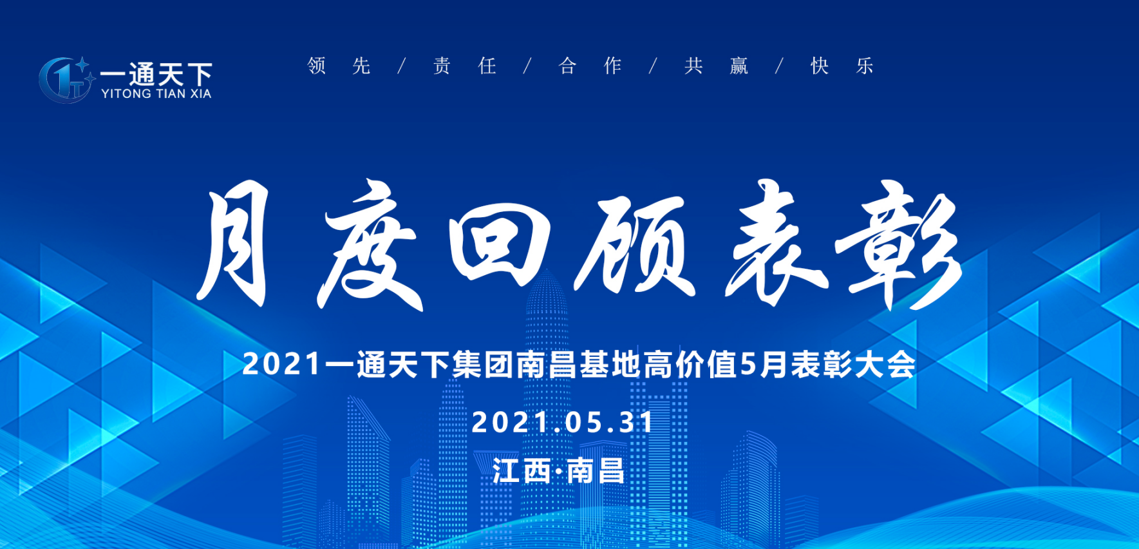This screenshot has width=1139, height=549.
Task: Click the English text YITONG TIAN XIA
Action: pos(156,94)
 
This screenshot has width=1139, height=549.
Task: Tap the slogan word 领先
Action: pos(339,66)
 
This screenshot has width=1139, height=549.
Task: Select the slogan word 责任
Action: pos(464,66)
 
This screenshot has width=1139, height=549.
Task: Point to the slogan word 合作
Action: pos(590,66)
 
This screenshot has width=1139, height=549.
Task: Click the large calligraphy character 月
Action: pos(234,243)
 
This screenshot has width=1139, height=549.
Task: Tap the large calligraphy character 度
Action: pos(370,248)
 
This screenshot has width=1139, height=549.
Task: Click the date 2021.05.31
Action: pos(563,423)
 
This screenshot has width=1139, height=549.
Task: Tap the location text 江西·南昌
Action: pos(558,471)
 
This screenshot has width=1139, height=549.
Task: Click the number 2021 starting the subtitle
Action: pos(281,365)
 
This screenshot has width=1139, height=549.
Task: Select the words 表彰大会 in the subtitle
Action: pos(853,365)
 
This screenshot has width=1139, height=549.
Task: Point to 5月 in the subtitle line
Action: pos(765,365)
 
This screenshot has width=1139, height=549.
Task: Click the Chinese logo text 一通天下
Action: pos(156,73)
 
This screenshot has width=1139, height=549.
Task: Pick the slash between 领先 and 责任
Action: pos(402,66)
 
